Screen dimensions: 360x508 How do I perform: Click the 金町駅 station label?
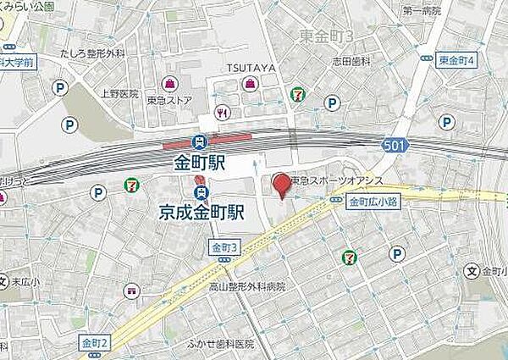point(200,162)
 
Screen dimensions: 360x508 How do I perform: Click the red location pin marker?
point(280,184)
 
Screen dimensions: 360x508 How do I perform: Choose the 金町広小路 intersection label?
point(373,202)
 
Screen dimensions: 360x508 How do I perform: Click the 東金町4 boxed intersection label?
point(458,60)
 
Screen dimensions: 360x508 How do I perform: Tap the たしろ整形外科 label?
point(93,54)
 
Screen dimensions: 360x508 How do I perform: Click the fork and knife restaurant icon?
point(223,111)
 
